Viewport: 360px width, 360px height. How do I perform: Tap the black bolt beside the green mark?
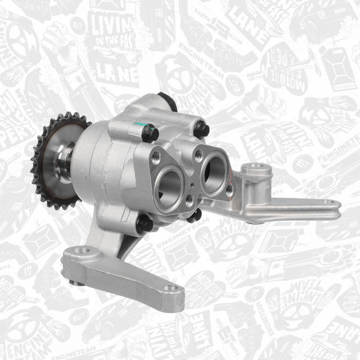tap(149, 133)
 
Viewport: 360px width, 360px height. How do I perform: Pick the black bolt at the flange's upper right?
tap(202, 129)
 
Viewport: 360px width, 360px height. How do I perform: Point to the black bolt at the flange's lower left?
tap(144, 224)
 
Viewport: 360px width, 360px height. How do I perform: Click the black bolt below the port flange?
tap(194, 215)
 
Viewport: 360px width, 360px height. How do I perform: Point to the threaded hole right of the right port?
tap(229, 188)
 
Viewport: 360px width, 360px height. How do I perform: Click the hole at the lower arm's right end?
tap(172, 289)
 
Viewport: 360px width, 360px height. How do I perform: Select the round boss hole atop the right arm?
tap(256, 167)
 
